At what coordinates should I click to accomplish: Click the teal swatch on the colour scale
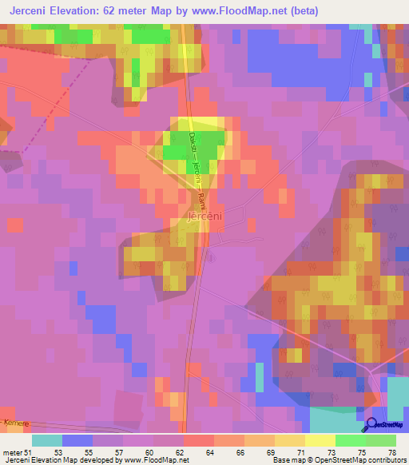(47, 440)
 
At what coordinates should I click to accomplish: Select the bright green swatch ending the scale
(381, 440)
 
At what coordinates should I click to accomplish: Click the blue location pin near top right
(367, 81)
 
